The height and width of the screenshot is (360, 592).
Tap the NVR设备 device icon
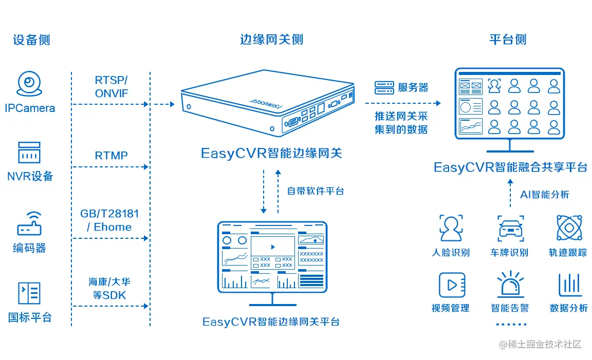(x=29, y=153)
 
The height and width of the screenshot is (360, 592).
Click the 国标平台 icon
(x=29, y=293)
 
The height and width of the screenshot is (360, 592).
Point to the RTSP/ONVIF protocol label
(x=111, y=87)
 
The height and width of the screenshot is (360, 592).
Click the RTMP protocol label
(x=111, y=156)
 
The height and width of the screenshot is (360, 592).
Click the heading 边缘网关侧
(x=271, y=40)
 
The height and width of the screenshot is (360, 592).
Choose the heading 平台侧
(x=507, y=40)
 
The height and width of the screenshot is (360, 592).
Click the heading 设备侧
(x=31, y=40)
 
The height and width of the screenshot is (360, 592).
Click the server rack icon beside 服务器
(x=383, y=88)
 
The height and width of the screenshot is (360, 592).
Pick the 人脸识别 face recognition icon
(x=451, y=228)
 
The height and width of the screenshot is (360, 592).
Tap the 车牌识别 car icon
(x=510, y=228)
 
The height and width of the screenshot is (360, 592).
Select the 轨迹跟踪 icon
(x=569, y=228)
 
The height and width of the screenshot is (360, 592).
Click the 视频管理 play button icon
(x=451, y=285)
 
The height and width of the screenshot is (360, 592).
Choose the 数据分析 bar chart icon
(x=569, y=285)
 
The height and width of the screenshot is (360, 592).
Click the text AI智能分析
(x=544, y=195)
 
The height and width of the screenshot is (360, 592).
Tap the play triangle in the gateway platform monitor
(x=272, y=247)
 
